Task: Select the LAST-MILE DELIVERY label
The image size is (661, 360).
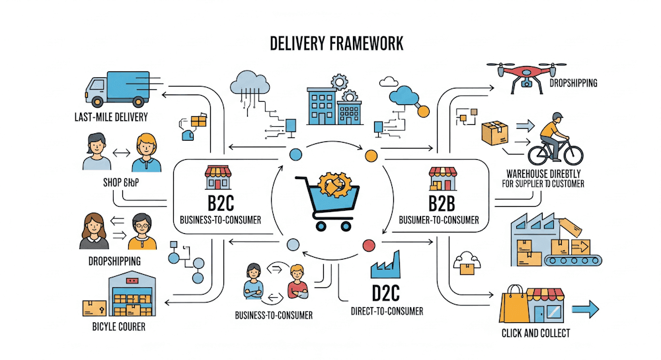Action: pyautogui.click(x=110, y=118)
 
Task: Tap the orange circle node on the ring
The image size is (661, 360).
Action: pyautogui.click(x=371, y=155)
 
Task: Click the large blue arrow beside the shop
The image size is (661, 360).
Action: pyautogui.click(x=584, y=308)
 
